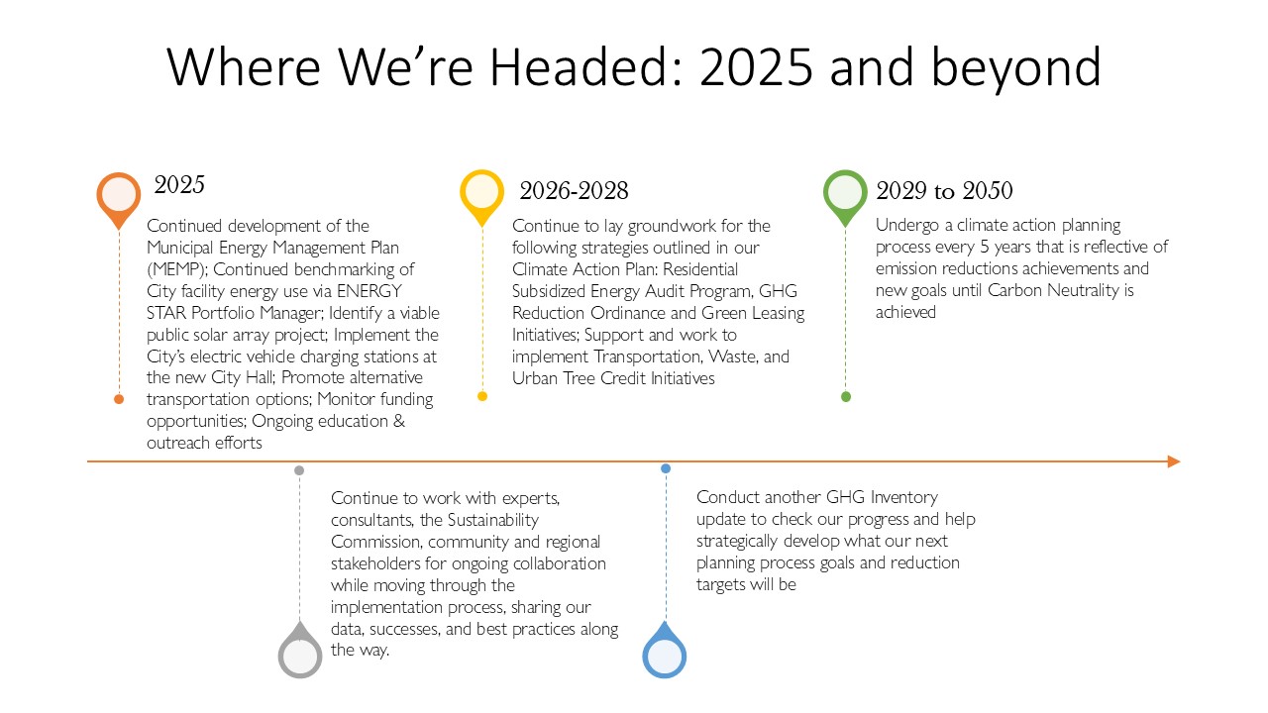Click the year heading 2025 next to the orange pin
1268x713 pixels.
click(x=179, y=185)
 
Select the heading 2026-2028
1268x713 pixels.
click(x=574, y=191)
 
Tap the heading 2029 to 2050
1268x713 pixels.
click(x=944, y=191)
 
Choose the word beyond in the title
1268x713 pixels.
click(x=1016, y=68)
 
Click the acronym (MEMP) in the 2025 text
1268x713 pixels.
click(x=176, y=270)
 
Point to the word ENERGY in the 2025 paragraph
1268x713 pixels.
click(x=370, y=291)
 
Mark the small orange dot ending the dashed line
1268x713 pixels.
click(x=119, y=399)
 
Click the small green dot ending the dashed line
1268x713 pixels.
click(x=846, y=397)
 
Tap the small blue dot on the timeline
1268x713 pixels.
click(x=666, y=468)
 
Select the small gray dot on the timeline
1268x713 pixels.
click(x=299, y=470)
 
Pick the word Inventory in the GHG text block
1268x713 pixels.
click(x=904, y=497)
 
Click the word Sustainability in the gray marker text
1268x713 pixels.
click(x=492, y=520)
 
